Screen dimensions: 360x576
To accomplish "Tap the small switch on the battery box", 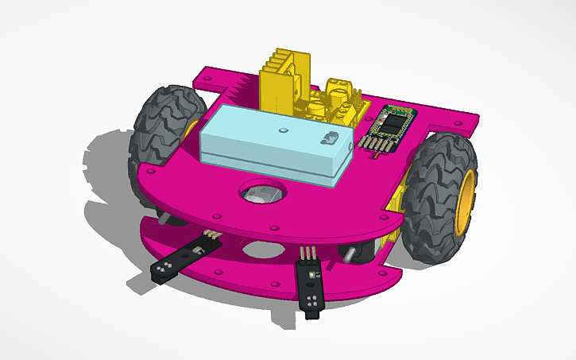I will point(327,139).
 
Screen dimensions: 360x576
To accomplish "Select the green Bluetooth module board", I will point(392,123).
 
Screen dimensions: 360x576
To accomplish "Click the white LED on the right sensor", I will point(308,275).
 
